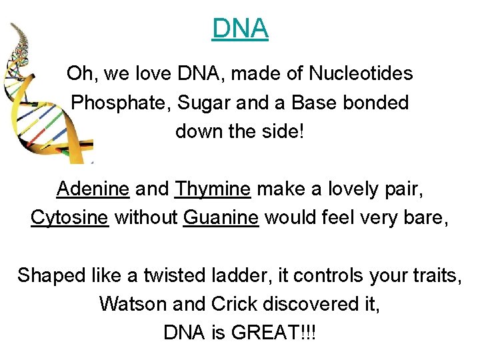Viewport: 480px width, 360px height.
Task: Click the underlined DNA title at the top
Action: (240, 29)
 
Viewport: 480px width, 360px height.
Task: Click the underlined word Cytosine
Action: (69, 217)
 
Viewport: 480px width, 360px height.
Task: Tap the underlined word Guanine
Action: (220, 217)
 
